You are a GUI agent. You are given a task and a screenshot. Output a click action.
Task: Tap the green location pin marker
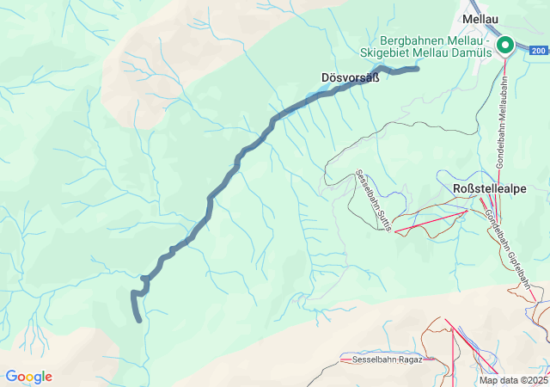click(505, 46)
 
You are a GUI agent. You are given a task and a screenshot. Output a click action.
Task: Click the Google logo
click(28, 377)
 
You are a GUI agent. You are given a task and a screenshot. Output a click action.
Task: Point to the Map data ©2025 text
click(513, 380)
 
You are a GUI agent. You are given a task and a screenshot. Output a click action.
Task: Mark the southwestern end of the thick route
click(139, 321)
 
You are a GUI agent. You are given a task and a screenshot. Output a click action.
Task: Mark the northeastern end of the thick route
click(417, 68)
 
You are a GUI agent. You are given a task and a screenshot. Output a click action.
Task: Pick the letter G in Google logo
click(10, 377)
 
